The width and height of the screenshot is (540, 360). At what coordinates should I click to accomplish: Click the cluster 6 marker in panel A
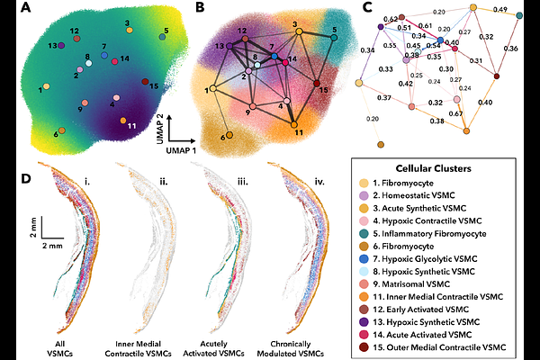61,130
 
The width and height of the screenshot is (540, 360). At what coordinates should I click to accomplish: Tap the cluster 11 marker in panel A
123,121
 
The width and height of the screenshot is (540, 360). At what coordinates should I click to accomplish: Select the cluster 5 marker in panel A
162,37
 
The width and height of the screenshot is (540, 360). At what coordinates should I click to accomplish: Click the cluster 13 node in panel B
229,46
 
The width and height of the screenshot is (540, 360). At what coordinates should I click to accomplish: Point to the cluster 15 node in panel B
317,83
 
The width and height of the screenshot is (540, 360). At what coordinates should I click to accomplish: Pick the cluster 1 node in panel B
212,88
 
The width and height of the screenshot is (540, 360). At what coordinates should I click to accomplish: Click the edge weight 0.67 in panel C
455,113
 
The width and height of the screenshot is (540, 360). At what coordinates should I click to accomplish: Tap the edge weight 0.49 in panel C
500,9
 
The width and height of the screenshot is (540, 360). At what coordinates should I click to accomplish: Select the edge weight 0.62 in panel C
391,19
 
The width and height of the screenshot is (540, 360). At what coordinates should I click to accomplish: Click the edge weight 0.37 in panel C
384,98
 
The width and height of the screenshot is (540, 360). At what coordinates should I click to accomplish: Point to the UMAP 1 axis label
181,150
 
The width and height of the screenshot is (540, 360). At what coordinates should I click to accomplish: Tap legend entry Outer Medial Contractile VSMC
439,346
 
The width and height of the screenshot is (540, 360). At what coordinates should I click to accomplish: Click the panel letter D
26,178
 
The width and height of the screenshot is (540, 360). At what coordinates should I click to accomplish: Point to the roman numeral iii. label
243,181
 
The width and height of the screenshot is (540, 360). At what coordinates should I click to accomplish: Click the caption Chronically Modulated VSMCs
291,348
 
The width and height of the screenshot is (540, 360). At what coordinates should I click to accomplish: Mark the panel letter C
367,7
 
